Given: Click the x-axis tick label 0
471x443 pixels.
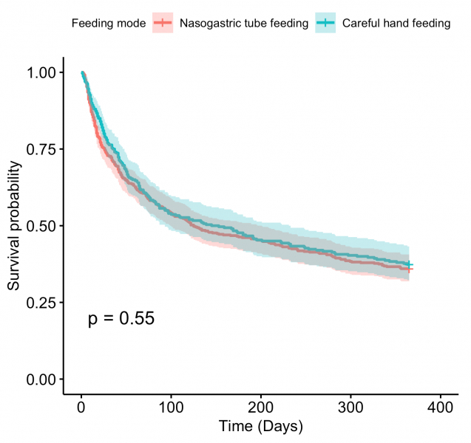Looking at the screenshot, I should (81, 407).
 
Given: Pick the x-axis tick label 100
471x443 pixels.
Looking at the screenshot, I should (171, 407).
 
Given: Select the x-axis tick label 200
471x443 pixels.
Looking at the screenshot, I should (261, 407).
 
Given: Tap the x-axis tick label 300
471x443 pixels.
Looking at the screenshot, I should (350, 407).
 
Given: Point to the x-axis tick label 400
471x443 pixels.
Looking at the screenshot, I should (441, 407).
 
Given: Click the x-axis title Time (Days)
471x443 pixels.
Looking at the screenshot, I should (260, 427).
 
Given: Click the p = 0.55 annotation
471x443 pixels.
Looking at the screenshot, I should (121, 319).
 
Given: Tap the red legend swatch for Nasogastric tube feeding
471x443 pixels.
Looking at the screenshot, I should (163, 24).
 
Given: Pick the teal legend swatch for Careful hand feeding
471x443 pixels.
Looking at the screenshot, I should (325, 24).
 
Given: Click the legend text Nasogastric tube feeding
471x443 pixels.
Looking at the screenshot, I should (244, 24).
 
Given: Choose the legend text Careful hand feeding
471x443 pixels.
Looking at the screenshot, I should (396, 24).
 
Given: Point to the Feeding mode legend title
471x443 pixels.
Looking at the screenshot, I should (108, 24).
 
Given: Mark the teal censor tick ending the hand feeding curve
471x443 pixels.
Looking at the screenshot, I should (409, 264).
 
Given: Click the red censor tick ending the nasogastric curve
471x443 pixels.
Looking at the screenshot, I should (409, 269).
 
